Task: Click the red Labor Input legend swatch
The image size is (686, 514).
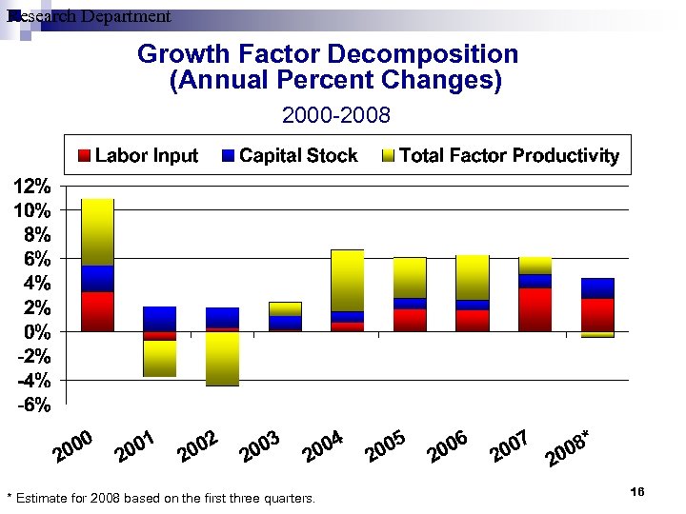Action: tap(84, 156)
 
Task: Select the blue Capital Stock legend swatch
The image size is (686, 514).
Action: tap(229, 156)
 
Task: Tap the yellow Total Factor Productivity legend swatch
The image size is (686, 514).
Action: tap(388, 156)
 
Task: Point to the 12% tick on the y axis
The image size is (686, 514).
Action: tap(32, 186)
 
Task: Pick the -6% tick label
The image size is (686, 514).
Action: tap(32, 405)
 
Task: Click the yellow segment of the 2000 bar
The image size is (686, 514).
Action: tap(97, 231)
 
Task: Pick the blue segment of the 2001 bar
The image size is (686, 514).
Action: tap(159, 318)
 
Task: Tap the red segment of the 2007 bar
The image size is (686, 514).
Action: tap(535, 309)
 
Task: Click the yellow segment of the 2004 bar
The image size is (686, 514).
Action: tap(347, 280)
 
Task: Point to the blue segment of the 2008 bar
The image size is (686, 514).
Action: tap(597, 287)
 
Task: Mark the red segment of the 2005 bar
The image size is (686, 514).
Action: tap(409, 320)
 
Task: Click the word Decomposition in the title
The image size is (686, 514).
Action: tap(419, 54)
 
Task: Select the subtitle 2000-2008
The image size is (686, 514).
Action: tap(335, 115)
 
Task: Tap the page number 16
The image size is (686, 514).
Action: tap(637, 491)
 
